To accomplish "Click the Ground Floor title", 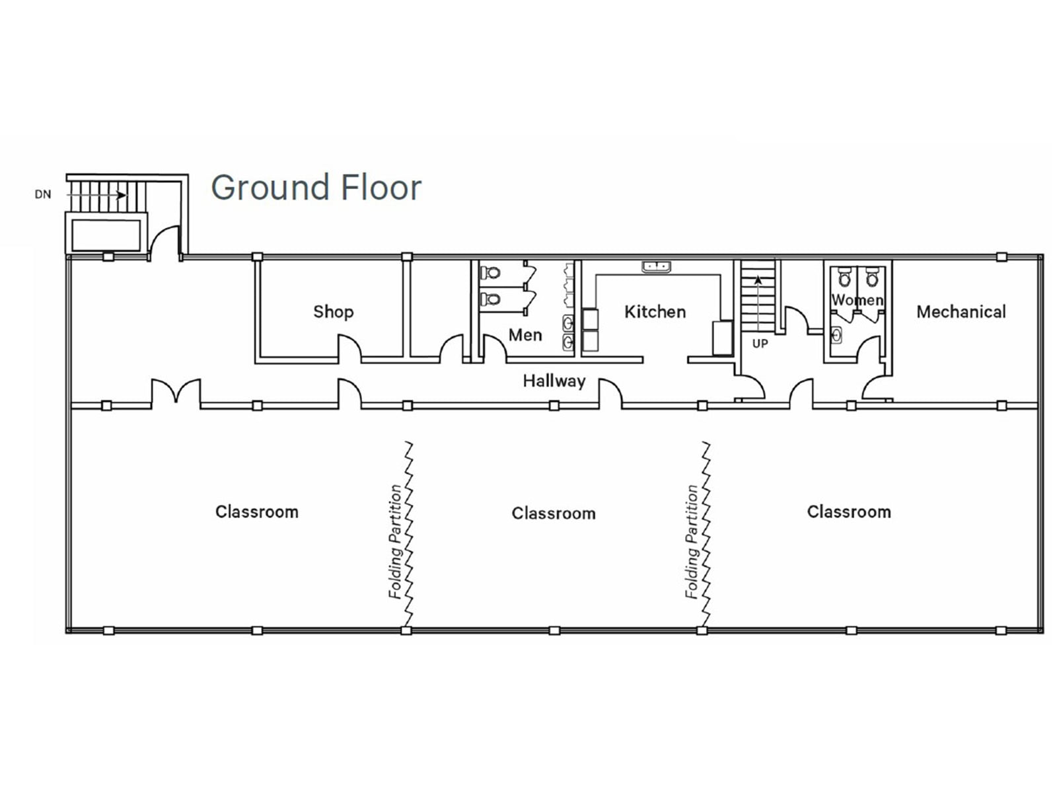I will tap(316, 188).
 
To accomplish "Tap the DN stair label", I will tap(43, 195).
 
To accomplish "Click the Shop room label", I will tap(333, 311).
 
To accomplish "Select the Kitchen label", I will tap(655, 311).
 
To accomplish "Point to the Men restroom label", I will tap(525, 335).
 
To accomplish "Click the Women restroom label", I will tap(857, 300).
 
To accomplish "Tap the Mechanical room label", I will tap(961, 311).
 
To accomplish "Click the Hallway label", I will tap(554, 381).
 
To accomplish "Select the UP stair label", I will tap(760, 344).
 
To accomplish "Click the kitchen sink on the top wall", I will tap(656, 266).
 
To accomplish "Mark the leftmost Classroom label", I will tap(256, 511).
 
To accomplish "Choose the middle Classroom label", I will tap(553, 513).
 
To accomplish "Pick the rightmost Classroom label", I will tap(848, 511).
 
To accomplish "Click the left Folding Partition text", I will tap(396, 542).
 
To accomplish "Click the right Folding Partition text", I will tap(692, 542).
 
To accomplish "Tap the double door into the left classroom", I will tap(176, 392).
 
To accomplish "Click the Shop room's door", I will tap(350, 349).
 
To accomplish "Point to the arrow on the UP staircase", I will tap(758, 282).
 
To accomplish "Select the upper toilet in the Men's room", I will tap(491, 272).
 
